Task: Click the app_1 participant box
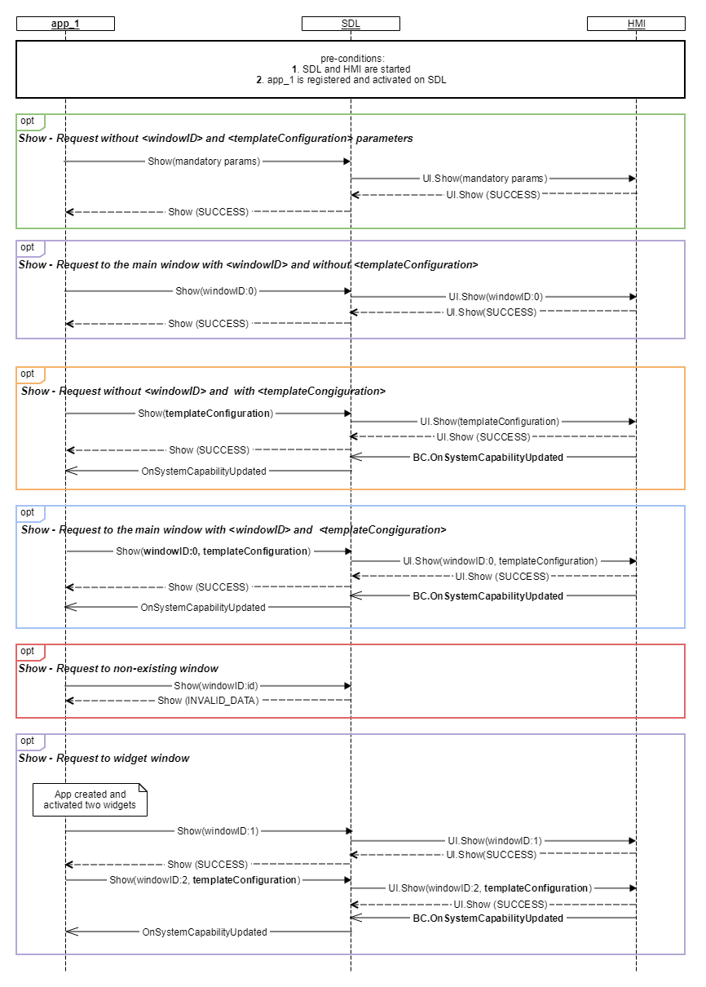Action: (65, 24)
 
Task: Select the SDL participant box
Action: (351, 24)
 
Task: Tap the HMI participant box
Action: (636, 24)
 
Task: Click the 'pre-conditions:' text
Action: (352, 58)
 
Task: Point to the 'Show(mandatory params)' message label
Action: (204, 162)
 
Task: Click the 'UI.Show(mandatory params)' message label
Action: (485, 179)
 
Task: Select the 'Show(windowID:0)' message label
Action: (216, 291)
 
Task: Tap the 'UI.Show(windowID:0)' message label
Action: (496, 297)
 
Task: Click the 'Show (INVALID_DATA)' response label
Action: (209, 700)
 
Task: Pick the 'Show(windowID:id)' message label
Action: (216, 686)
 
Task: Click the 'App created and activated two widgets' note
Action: (90, 799)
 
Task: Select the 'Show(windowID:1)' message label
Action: (218, 830)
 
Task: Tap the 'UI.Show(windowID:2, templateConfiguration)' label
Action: (490, 887)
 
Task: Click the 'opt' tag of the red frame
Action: (27, 651)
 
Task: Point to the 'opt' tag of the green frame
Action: (27, 121)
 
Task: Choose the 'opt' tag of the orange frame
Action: (27, 374)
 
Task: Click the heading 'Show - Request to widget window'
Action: (104, 758)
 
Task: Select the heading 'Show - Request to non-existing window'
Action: (118, 668)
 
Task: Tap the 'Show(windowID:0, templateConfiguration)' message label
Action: (213, 551)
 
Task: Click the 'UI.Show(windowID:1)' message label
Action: (495, 841)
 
